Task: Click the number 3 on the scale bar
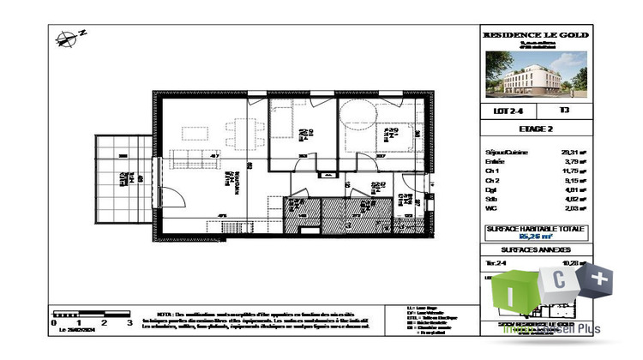pyautogui.click(x=129, y=324)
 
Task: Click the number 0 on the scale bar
pyautogui.click(x=54, y=324)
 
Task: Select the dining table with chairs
pyautogui.click(x=235, y=130)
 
